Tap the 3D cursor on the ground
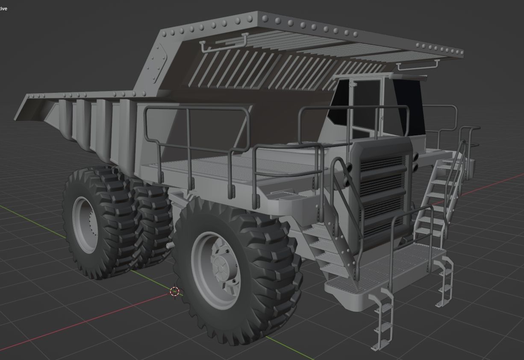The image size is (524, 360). coord(174,292)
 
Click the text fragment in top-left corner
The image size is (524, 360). coord(3,9)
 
